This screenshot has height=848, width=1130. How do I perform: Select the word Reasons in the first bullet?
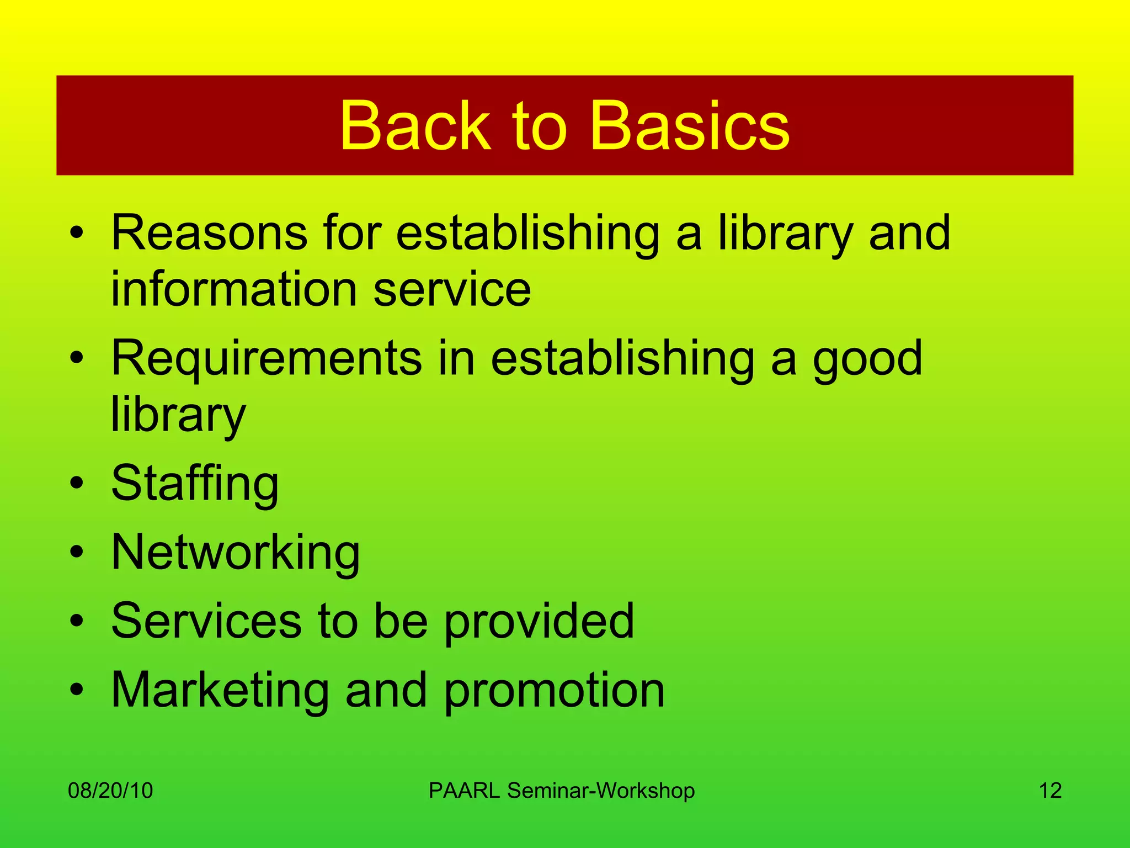point(209,233)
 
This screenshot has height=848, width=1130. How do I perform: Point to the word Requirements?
point(266,359)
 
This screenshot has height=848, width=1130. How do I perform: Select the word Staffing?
point(195,484)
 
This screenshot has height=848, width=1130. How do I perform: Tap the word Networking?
point(236,553)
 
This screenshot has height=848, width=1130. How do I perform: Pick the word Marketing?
point(220,690)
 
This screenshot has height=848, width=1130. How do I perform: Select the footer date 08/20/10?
point(110,791)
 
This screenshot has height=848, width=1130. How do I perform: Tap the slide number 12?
point(1050,791)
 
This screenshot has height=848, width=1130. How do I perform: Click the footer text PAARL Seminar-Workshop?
point(561,791)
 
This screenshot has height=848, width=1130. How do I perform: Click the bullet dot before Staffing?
point(77,483)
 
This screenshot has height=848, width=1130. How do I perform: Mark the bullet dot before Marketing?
point(77,690)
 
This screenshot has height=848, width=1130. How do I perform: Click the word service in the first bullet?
point(452,289)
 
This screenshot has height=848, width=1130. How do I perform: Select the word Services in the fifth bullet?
point(206,621)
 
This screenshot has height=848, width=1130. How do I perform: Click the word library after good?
point(178,415)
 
